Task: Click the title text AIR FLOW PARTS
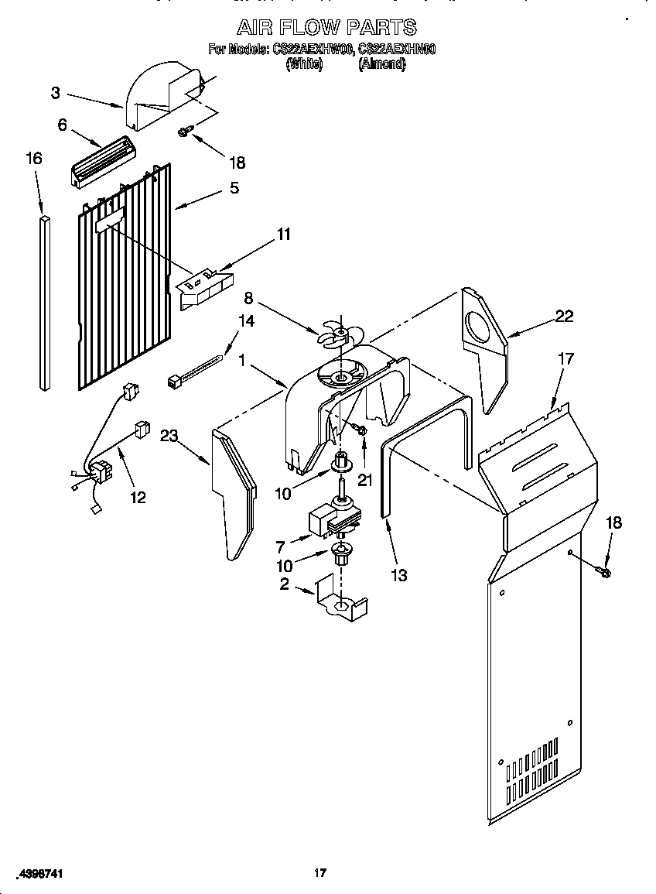tap(326, 27)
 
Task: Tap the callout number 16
tap(33, 158)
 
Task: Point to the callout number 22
tap(564, 315)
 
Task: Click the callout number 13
tap(398, 575)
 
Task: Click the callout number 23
tap(169, 435)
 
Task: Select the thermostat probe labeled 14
tap(197, 371)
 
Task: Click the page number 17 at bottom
tap(320, 873)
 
